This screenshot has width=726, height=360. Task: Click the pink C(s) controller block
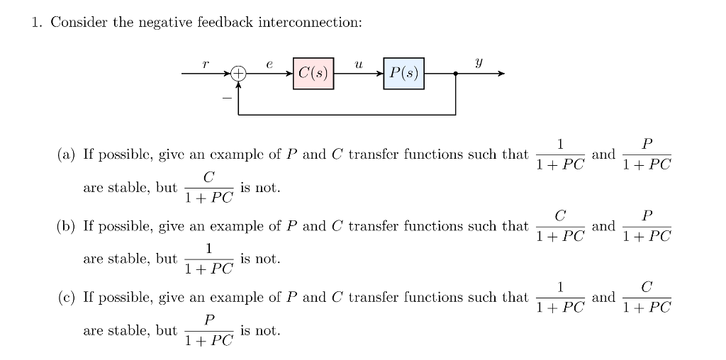(x=313, y=73)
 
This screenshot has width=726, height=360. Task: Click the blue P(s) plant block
(x=404, y=73)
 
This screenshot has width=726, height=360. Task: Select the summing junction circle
(x=238, y=73)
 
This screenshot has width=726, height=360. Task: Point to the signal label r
(x=206, y=64)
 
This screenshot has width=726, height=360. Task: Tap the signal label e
(x=269, y=64)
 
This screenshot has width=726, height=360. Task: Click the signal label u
(x=359, y=64)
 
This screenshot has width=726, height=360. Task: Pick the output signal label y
(x=479, y=64)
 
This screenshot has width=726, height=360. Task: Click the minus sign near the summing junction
(x=226, y=97)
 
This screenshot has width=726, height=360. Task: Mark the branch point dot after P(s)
(x=455, y=73)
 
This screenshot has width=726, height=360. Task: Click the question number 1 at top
(x=35, y=22)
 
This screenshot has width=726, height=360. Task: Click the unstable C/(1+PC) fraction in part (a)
(x=208, y=187)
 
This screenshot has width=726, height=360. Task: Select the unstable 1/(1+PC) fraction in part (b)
(x=208, y=259)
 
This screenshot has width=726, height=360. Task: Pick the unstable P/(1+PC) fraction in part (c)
(x=208, y=330)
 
